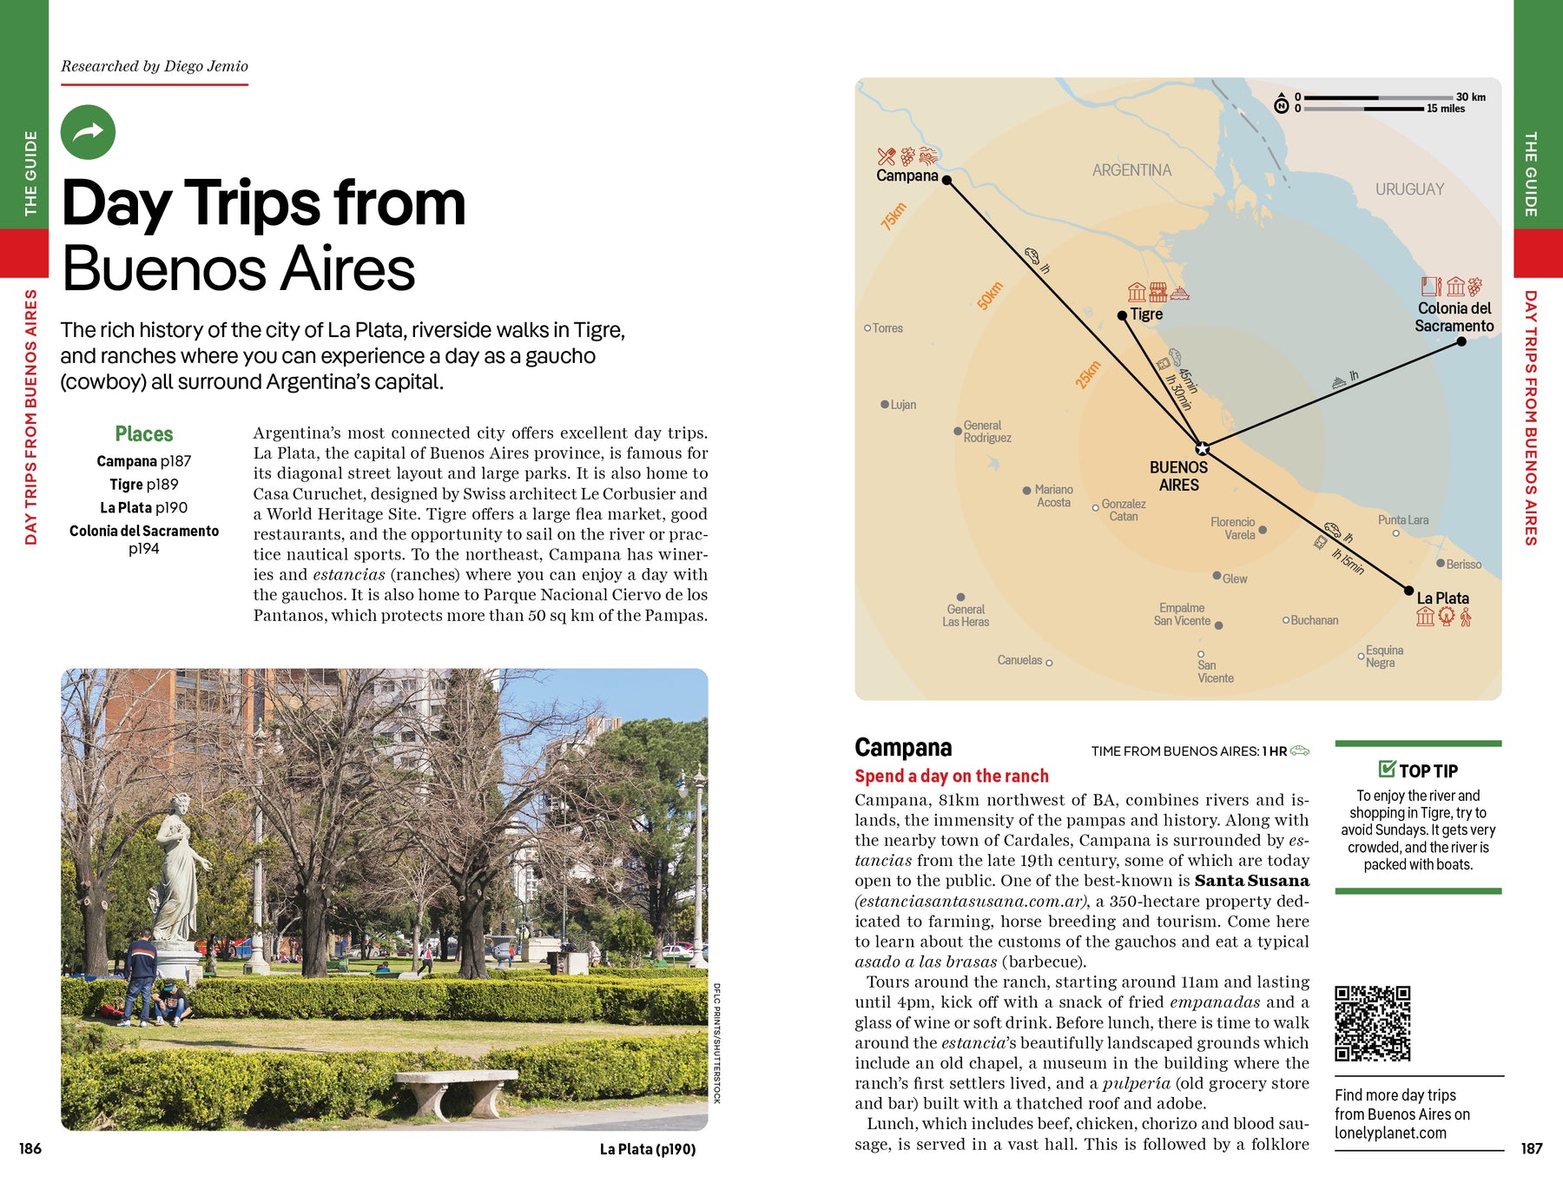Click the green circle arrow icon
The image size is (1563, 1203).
click(88, 132)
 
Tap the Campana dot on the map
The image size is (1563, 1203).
click(946, 180)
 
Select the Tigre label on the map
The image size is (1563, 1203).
click(1146, 314)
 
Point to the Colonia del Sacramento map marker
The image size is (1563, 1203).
click(1461, 341)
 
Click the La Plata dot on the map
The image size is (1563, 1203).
click(1409, 591)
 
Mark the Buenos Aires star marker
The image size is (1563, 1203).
click(1202, 448)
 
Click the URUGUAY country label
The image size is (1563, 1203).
click(1409, 189)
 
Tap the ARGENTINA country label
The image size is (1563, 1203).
click(1131, 170)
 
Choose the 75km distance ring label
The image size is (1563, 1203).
click(894, 216)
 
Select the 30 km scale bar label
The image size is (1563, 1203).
click(1470, 97)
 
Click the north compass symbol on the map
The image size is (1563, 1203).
click(1281, 105)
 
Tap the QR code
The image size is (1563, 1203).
click(1372, 1023)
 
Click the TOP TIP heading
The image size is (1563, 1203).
click(1428, 771)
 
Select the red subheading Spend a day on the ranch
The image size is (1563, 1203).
click(952, 777)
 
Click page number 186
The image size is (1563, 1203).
click(30, 1148)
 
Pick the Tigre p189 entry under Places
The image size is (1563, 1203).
click(144, 485)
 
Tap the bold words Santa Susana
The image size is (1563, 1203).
click(1251, 881)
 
